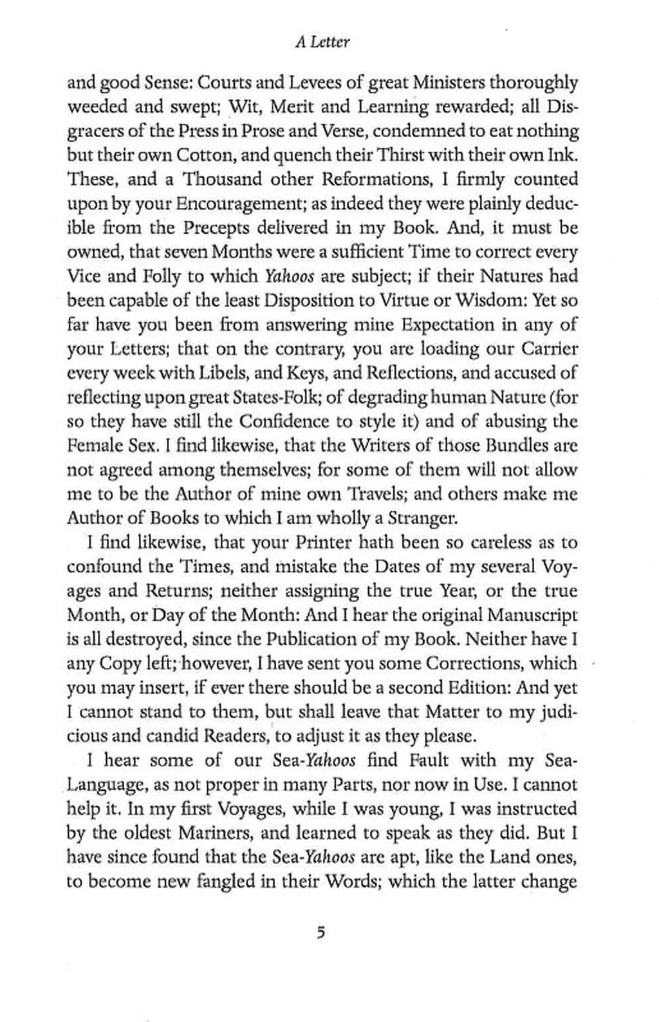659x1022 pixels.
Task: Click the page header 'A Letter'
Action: (323, 43)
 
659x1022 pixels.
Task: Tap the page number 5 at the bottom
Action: (320, 932)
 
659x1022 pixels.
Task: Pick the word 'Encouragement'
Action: (239, 204)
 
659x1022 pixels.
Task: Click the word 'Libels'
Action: (226, 374)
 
